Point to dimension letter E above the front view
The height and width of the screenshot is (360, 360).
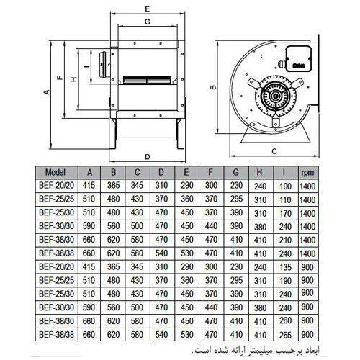click(146, 9)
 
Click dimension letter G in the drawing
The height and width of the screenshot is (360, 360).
click(147, 22)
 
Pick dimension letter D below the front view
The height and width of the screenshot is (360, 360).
click(146, 156)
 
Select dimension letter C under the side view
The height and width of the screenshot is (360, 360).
click(274, 151)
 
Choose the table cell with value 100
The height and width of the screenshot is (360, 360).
click(283, 186)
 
